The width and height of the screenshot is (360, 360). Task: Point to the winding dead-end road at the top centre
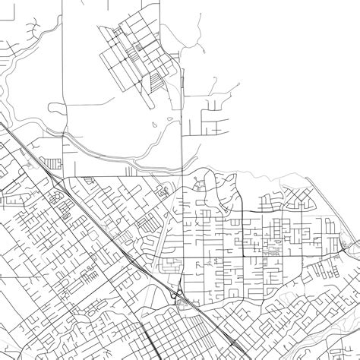click(x=197, y=34)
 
